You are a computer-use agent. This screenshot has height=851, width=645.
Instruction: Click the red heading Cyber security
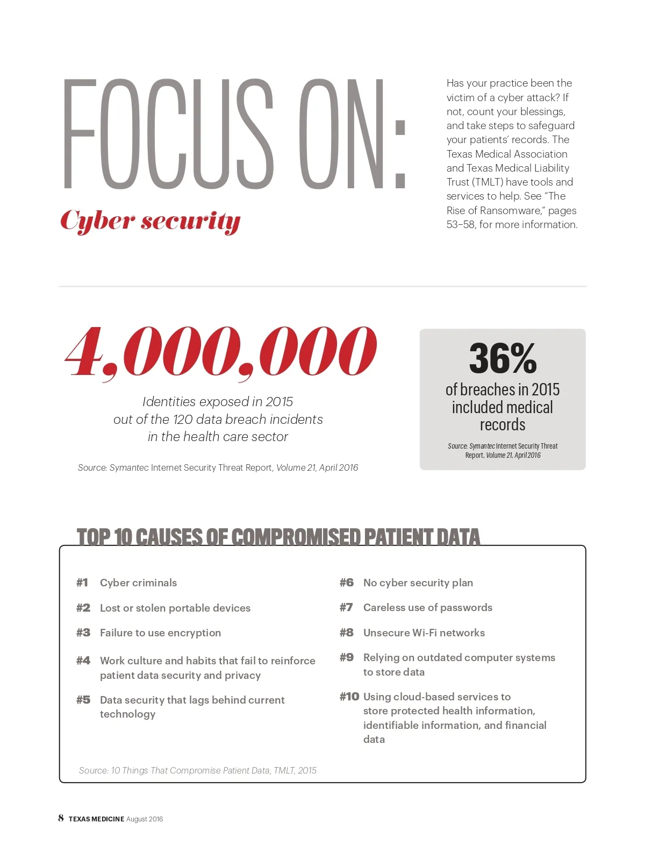150,221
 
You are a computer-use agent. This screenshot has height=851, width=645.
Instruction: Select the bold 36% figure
503,358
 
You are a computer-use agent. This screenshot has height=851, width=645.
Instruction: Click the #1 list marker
82,583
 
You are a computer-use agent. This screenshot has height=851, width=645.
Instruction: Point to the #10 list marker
349,697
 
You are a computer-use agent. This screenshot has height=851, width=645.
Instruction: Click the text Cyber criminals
138,583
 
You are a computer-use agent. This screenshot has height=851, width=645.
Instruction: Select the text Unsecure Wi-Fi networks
424,633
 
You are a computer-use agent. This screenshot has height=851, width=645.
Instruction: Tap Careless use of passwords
427,607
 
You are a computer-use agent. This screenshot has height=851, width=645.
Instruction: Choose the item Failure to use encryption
160,633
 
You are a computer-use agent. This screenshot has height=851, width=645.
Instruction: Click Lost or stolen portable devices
175,608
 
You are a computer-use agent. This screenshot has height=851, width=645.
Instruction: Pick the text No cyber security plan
418,583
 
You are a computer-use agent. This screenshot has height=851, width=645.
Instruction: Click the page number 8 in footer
61,818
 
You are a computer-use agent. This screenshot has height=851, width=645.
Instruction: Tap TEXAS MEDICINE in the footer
96,819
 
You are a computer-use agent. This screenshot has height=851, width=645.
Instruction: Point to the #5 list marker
83,700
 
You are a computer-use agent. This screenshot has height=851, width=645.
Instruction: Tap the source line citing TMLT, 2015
197,770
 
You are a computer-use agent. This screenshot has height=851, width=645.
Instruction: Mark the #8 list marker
347,633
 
